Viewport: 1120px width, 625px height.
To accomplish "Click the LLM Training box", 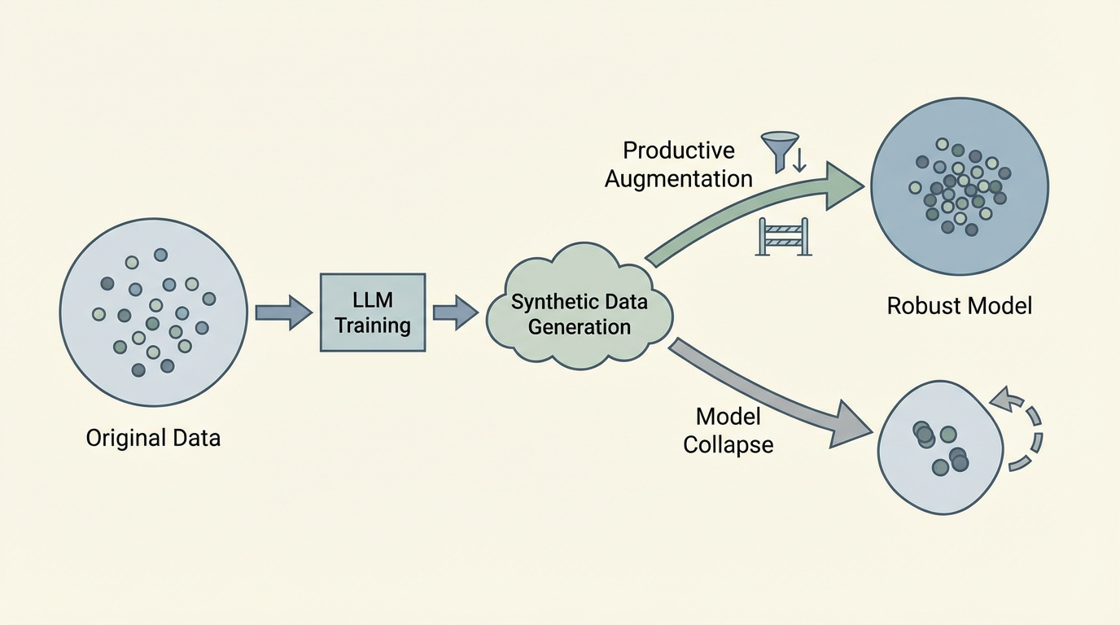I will click(x=373, y=312).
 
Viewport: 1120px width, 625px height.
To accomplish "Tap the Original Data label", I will click(x=153, y=438).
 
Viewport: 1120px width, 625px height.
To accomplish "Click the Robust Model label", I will click(x=959, y=306).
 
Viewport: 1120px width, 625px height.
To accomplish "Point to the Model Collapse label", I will click(x=728, y=431).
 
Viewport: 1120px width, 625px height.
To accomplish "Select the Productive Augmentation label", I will click(x=679, y=164).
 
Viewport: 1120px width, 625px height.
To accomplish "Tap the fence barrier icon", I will click(x=783, y=236).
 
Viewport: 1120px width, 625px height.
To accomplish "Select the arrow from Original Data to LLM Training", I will click(x=283, y=312).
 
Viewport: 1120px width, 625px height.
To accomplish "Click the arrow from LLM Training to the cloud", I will click(x=455, y=312).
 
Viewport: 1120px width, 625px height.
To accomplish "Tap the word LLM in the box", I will click(x=373, y=299).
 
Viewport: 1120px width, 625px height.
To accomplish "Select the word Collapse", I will click(x=728, y=445).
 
